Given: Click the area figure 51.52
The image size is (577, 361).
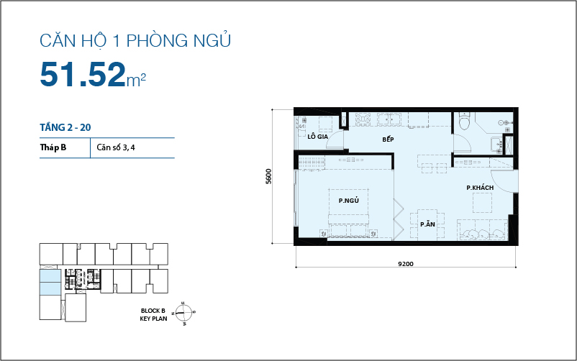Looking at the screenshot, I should click(x=82, y=73).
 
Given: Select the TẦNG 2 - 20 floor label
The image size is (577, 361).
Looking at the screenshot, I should click(x=65, y=127).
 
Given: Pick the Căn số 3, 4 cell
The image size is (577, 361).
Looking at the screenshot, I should click(x=114, y=147).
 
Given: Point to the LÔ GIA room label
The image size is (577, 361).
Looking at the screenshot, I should click(x=317, y=136).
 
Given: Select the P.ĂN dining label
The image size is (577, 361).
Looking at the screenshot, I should click(x=427, y=224).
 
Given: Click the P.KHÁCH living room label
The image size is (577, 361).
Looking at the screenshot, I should click(x=479, y=188).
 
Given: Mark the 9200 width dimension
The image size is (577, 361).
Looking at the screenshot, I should click(x=406, y=264).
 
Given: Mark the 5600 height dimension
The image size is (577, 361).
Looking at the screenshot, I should click(x=268, y=176).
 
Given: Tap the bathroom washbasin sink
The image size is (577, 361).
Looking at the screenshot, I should click(x=496, y=145).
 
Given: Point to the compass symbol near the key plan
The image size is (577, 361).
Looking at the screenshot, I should click(x=183, y=312).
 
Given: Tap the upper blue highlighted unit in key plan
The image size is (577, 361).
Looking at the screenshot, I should click(x=50, y=276).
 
